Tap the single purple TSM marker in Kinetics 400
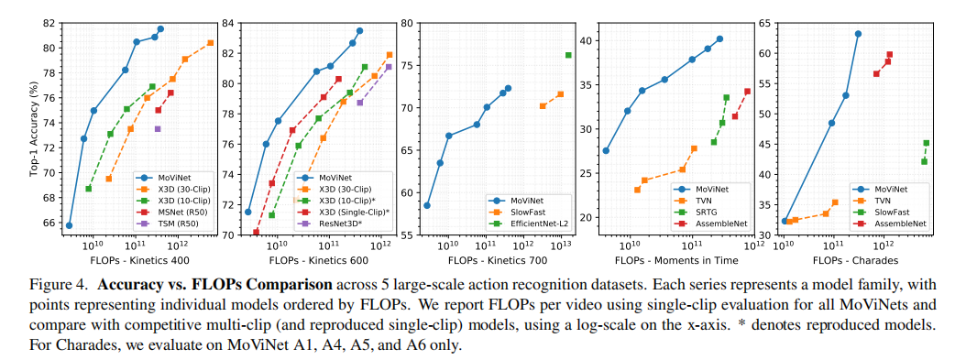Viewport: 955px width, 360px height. [x=158, y=128]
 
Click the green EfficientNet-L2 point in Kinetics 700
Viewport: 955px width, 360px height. [x=568, y=55]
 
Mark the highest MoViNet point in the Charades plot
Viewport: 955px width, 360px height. [x=858, y=34]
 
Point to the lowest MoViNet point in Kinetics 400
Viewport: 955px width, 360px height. [x=70, y=225]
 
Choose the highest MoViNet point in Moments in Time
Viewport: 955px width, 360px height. [x=719, y=38]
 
